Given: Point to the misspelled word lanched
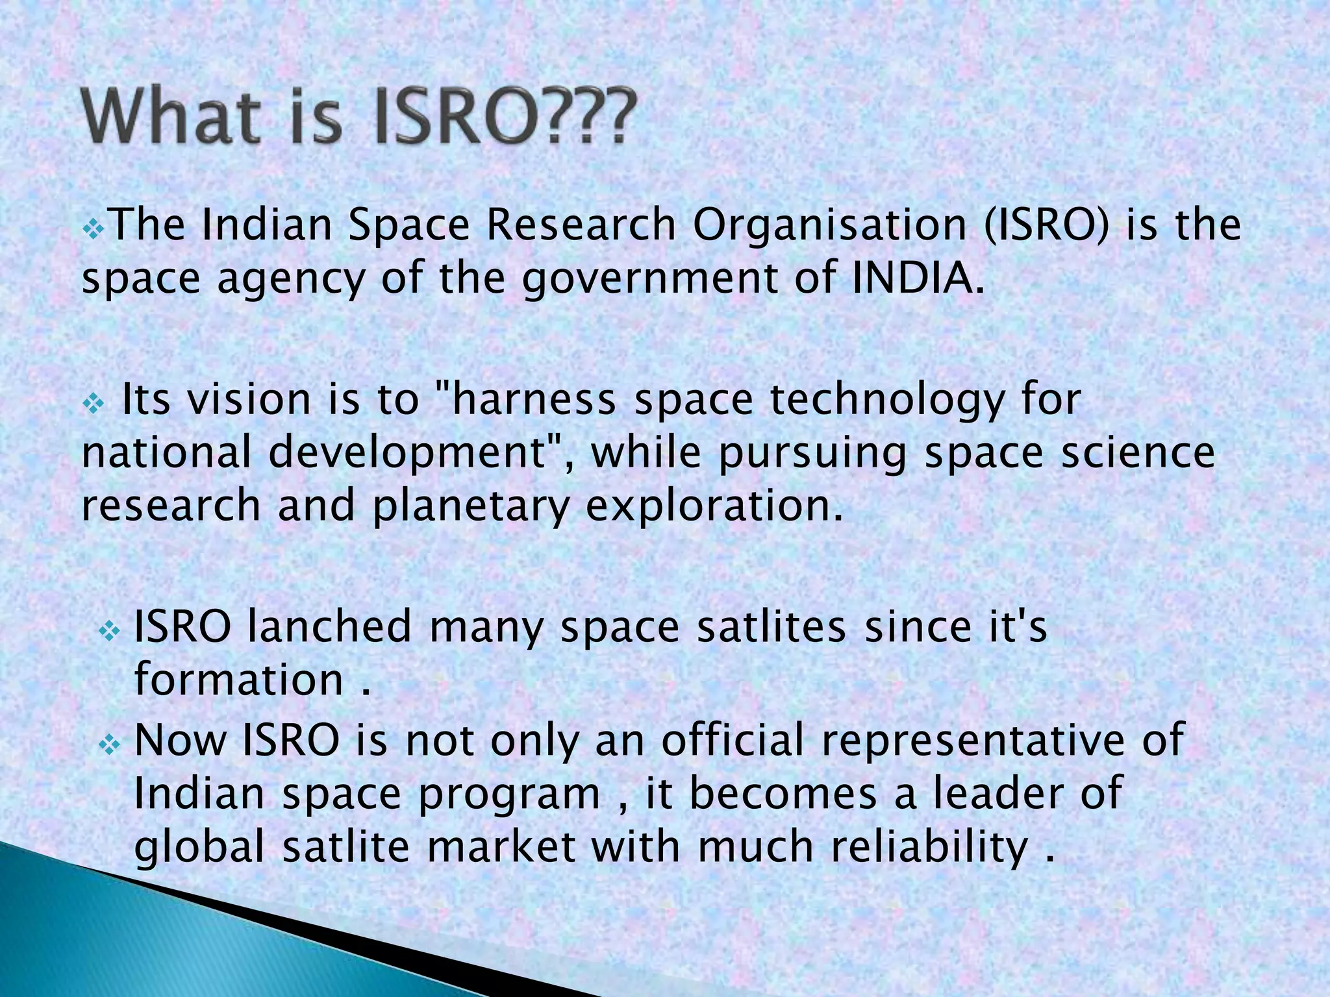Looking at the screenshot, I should [329, 627].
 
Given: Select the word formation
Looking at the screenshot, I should [238, 680].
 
